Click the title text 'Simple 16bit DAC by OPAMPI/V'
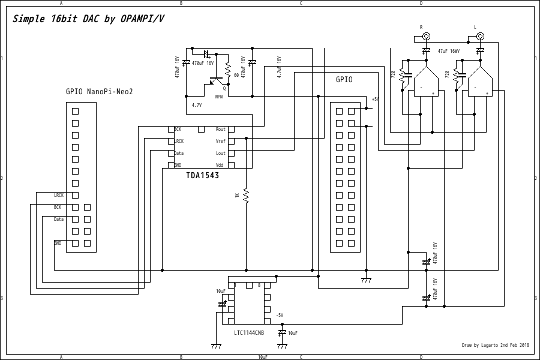coord(88,19)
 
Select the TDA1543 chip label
coord(202,176)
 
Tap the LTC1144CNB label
coord(248,332)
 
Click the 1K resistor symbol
coord(246,196)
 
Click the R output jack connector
coord(426,36)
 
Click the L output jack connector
coord(480,36)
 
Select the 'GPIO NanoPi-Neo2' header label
coord(99,92)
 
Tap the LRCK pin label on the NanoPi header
coord(59,195)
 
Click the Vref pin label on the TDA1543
coord(221,142)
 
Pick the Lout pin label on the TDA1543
coord(221,154)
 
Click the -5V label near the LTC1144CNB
coord(279,315)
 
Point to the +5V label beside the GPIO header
coord(375,99)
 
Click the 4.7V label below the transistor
coord(197,105)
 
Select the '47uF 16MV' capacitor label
coord(449,52)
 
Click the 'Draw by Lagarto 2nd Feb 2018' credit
coord(495,345)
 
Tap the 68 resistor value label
coord(236,76)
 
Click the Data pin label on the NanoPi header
coord(58,219)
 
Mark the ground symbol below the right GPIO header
coord(366,280)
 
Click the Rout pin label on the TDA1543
coord(221,130)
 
